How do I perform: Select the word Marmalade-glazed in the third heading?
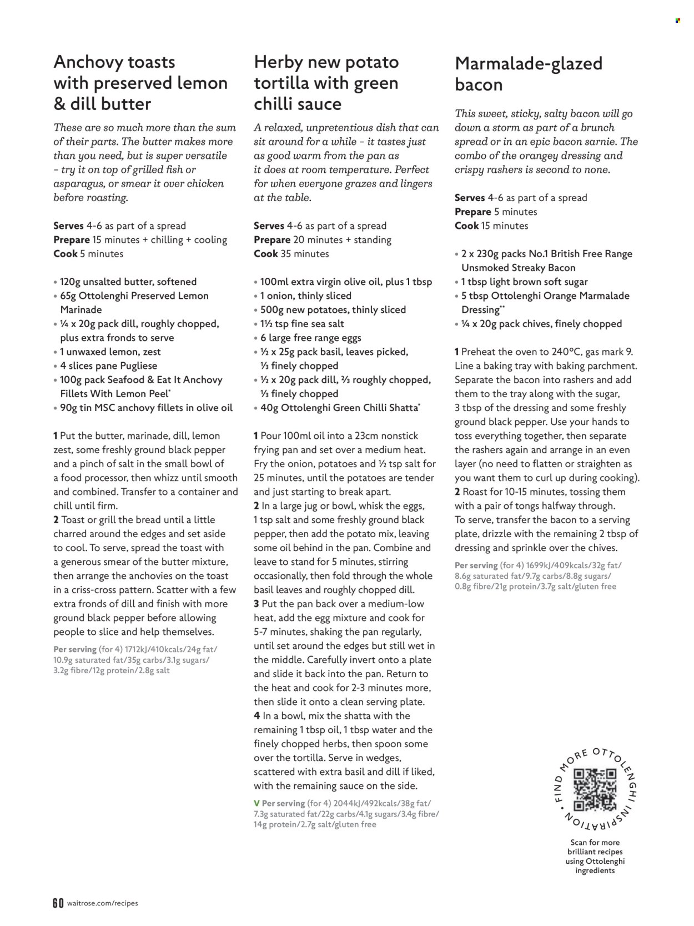[528, 64]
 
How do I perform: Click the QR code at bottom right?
[595, 789]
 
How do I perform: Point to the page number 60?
[58, 903]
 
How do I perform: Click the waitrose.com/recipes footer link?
[102, 903]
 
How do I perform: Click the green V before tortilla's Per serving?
[257, 803]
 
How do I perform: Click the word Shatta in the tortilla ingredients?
[401, 408]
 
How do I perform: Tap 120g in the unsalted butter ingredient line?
[72, 282]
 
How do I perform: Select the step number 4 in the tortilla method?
[257, 716]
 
